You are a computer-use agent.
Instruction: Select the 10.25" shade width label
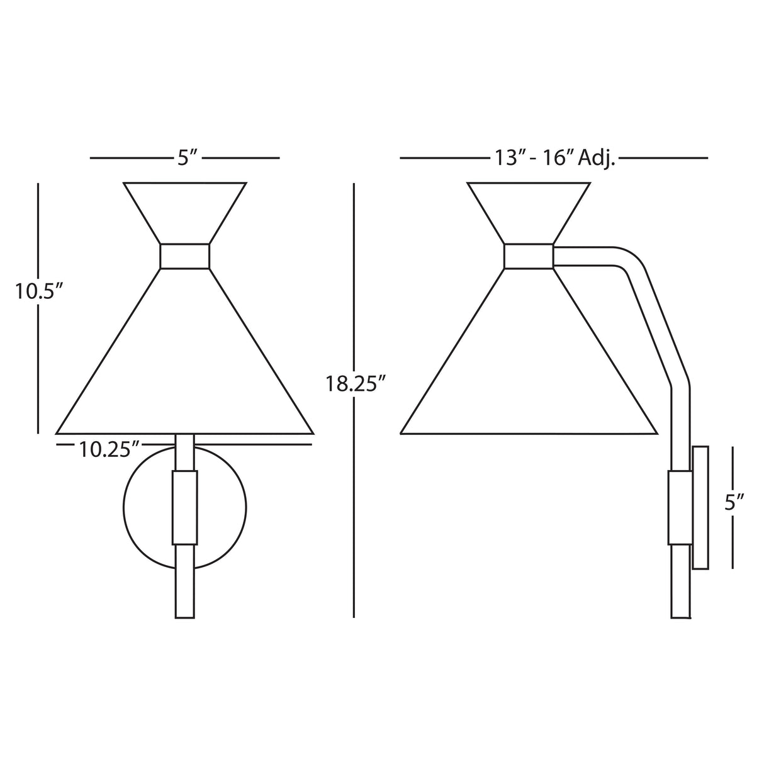coord(110,449)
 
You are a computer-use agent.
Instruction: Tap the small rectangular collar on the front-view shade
coord(184,256)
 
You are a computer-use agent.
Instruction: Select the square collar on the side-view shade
coord(529,256)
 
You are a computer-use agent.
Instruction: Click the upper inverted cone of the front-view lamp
coord(184,211)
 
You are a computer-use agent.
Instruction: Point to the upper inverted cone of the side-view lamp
coord(529,211)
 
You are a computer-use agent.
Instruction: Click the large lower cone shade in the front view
coord(184,365)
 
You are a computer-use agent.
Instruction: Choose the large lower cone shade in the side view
coord(529,365)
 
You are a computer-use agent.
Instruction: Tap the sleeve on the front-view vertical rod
coord(185,507)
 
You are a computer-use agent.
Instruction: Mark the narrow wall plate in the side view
coord(700,507)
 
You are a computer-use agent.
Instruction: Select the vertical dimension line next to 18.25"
coord(355,283)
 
